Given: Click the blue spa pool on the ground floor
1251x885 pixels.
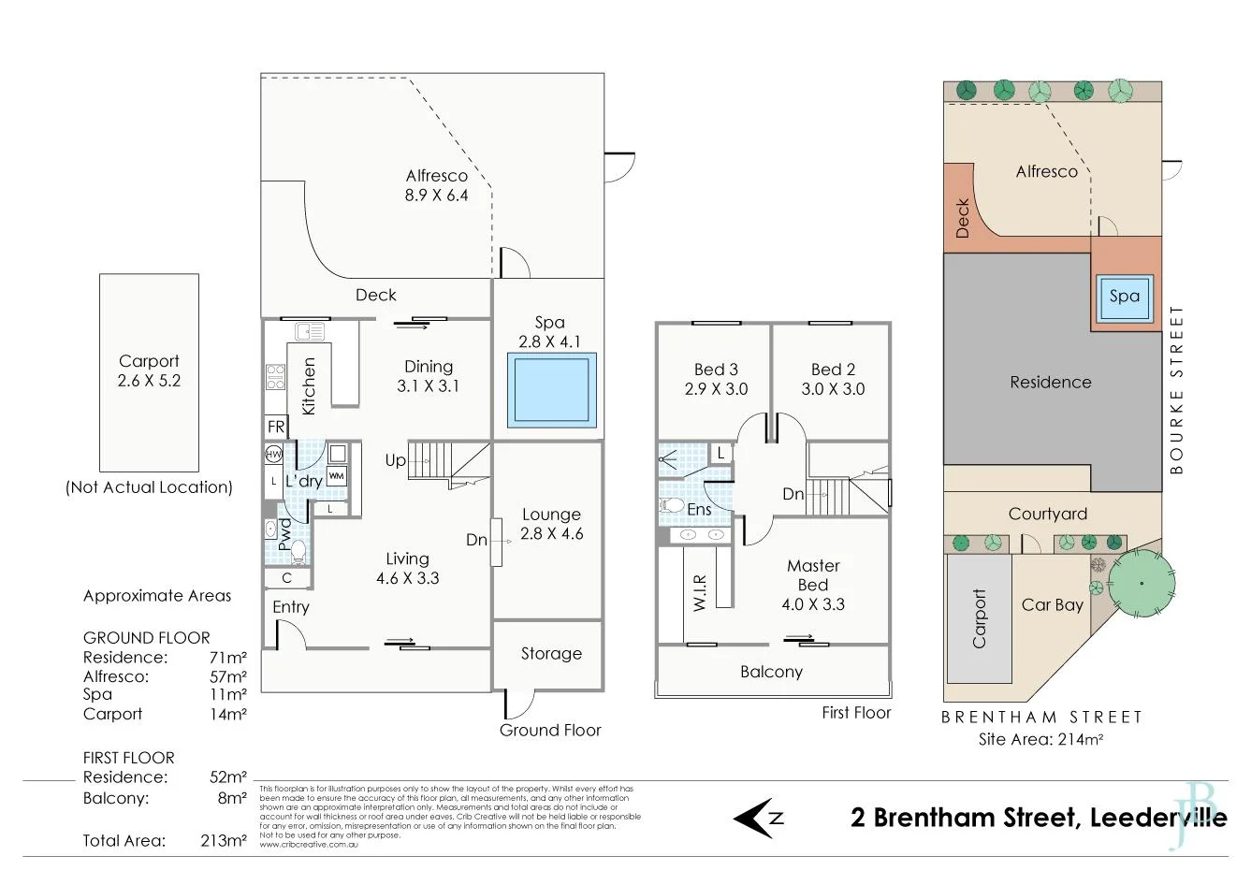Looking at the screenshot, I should tap(551, 389).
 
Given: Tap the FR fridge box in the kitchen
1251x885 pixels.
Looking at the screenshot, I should tap(276, 427).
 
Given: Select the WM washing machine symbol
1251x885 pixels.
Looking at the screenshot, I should tap(336, 476).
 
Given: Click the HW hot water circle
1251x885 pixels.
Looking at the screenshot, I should tap(273, 455).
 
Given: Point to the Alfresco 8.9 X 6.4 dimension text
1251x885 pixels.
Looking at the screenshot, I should tap(436, 196).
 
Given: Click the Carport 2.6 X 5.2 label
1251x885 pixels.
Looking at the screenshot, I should tap(149, 370).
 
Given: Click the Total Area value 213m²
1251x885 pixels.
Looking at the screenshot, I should tap(223, 840).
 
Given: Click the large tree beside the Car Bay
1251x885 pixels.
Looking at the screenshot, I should tap(1142, 584).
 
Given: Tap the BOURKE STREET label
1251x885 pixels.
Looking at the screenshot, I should tap(1176, 389).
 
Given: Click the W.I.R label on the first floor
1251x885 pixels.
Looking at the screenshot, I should tap(699, 592).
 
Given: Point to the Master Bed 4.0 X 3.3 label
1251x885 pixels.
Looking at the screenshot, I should tap(813, 585).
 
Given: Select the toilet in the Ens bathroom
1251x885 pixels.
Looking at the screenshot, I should tap(672, 506).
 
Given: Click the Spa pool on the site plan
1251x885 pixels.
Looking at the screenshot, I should tap(1124, 297).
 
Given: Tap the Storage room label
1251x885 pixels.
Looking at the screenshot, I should tap(551, 654).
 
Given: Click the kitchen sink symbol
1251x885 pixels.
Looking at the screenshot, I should tap(309, 330).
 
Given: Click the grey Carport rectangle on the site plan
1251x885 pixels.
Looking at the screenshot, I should tap(980, 618).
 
